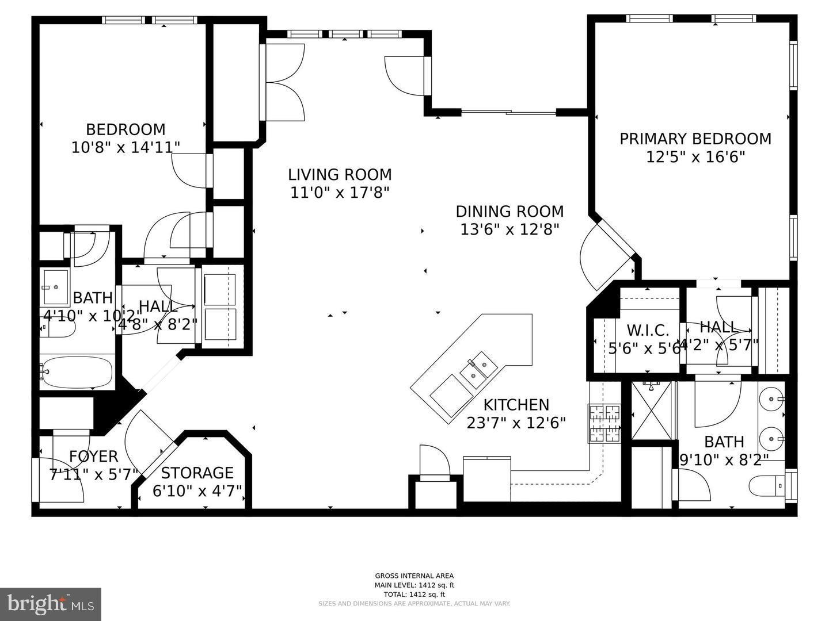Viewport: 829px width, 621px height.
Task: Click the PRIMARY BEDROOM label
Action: click(695, 139)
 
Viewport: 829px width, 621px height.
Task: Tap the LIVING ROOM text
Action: click(340, 174)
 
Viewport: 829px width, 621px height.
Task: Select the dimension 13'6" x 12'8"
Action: click(509, 229)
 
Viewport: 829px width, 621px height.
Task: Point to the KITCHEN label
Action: click(516, 405)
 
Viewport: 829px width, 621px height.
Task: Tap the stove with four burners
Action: click(604, 423)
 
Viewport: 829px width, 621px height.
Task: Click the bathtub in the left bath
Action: click(77, 373)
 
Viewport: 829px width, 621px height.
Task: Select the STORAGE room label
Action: click(197, 473)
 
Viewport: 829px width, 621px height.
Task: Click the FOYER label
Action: click(93, 457)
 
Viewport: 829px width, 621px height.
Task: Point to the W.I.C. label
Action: click(648, 330)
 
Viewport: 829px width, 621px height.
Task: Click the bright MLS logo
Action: click(51, 604)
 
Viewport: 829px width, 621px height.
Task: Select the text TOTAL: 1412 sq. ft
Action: click(414, 595)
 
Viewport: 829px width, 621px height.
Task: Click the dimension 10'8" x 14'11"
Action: click(126, 147)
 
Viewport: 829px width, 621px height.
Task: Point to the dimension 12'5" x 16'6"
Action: click(695, 156)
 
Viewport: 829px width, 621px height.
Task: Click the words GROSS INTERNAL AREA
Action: click(414, 576)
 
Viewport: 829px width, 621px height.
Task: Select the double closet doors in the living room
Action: click(283, 83)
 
